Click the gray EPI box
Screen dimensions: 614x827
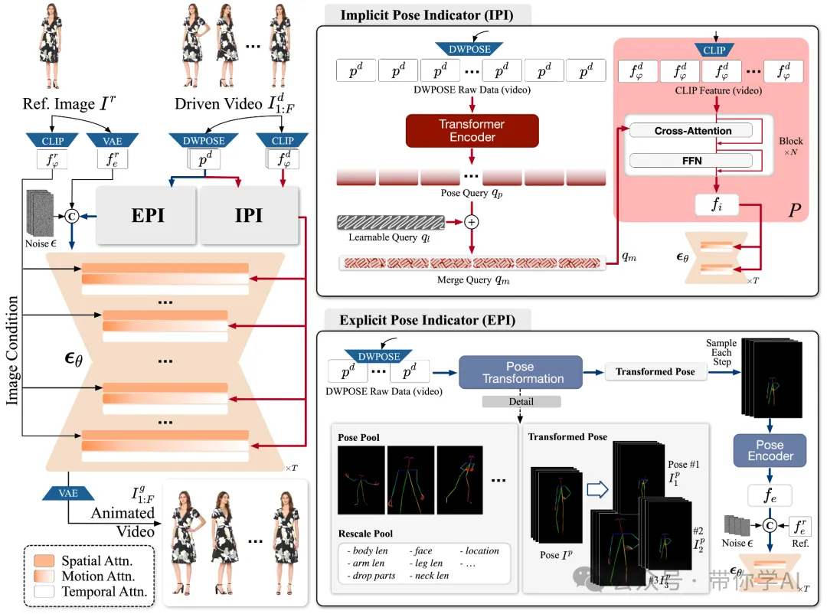click(x=148, y=215)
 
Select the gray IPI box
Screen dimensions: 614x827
click(x=249, y=215)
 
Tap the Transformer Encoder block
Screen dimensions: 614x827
click(x=472, y=131)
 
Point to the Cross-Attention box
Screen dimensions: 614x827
click(x=692, y=131)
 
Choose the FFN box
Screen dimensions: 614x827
click(x=692, y=161)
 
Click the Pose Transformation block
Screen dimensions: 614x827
click(x=520, y=372)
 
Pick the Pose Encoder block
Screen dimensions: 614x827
click(x=770, y=450)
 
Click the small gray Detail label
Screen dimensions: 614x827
click(x=521, y=401)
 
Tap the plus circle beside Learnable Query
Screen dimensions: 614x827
click(x=472, y=222)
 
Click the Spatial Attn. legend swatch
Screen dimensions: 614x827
click(x=44, y=560)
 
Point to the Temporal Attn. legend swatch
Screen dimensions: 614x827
click(x=44, y=591)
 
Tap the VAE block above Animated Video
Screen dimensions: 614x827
click(x=68, y=493)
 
